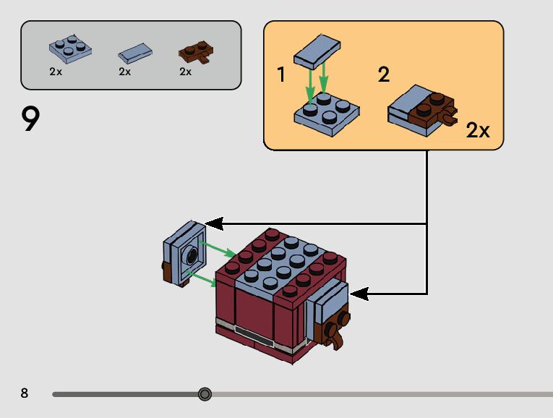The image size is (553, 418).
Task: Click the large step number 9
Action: click(30, 119)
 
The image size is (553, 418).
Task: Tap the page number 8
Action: click(25, 393)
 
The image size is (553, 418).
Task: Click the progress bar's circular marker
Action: click(205, 394)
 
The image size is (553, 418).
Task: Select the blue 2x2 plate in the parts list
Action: click(71, 48)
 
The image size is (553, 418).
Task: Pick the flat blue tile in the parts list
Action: click(135, 53)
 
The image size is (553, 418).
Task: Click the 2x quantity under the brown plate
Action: click(186, 72)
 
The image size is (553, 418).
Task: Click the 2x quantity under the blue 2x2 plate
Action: click(56, 72)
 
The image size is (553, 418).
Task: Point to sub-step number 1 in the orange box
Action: click(282, 74)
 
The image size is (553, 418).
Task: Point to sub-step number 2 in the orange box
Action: click(384, 74)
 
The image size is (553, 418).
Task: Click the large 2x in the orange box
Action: click(478, 130)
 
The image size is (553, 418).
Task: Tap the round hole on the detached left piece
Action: click(192, 255)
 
